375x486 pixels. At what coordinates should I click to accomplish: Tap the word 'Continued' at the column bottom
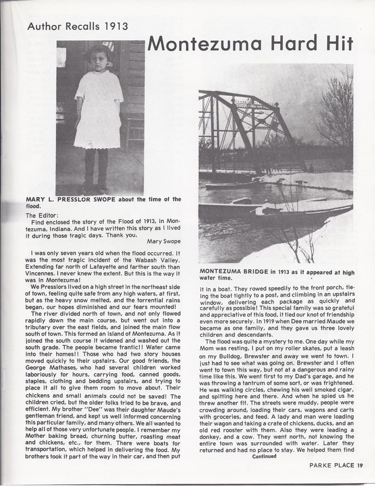click(265, 456)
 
